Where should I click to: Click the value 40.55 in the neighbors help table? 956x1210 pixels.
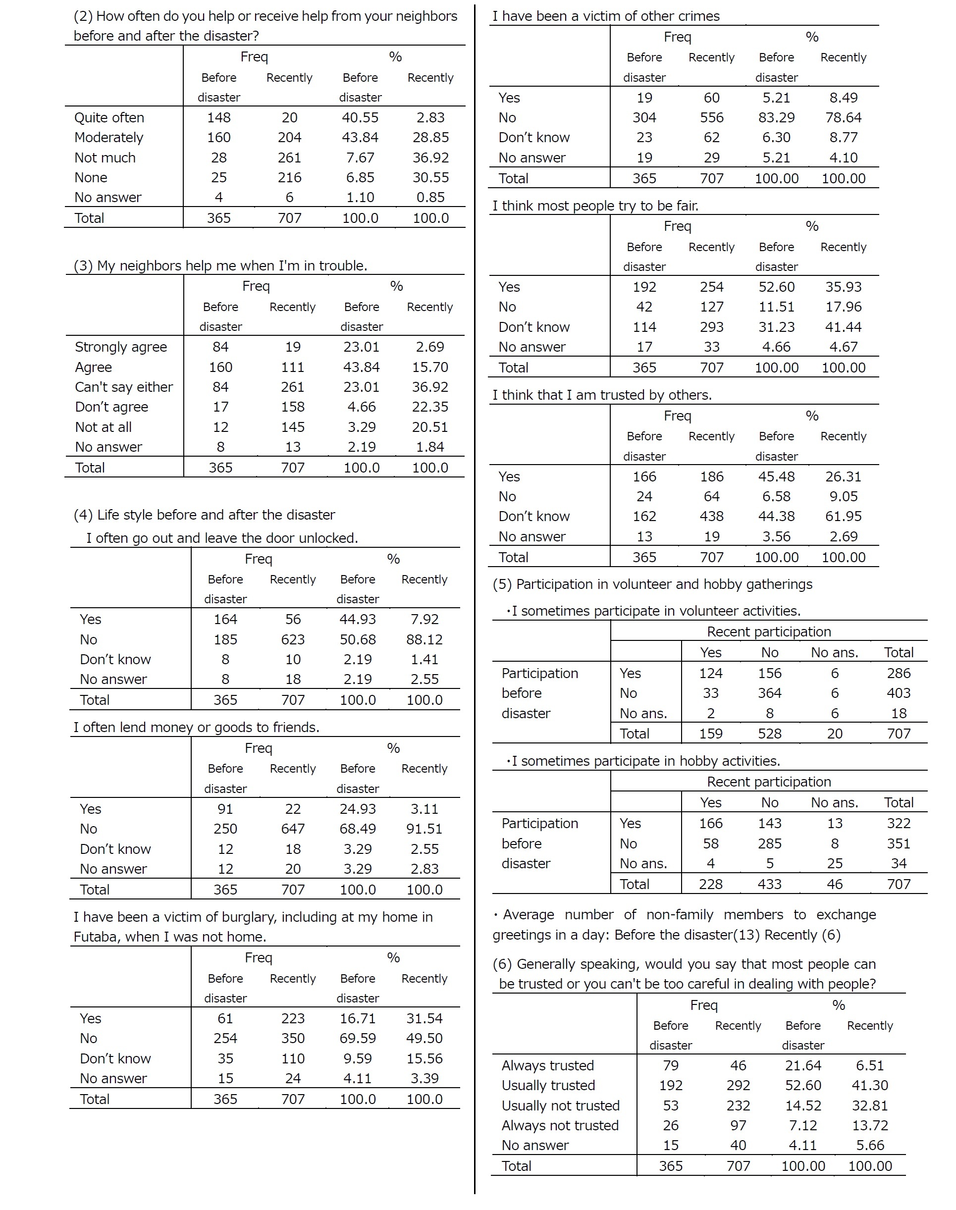point(360,117)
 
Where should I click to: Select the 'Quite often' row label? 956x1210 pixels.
point(109,117)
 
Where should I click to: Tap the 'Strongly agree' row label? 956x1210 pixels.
point(121,347)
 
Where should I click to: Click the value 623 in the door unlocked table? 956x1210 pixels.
point(293,639)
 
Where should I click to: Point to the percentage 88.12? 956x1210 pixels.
point(425,639)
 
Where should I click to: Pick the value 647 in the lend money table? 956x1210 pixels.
point(293,828)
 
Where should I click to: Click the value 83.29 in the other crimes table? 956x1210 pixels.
point(776,117)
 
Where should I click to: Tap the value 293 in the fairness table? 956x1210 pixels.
point(711,327)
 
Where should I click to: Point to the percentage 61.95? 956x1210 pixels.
point(844,516)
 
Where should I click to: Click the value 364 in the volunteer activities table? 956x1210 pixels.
point(770,693)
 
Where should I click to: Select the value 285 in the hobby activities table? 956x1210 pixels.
point(770,843)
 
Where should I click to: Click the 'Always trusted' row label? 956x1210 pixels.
point(547,1065)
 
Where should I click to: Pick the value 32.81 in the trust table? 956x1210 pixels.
point(870,1105)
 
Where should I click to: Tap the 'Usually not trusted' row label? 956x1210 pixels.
point(560,1105)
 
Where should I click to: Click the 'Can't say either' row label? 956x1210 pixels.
point(124,387)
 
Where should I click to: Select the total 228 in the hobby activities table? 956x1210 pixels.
point(711,884)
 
